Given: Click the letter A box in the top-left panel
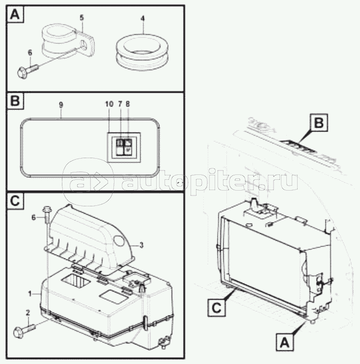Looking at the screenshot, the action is pyautogui.click(x=15, y=15).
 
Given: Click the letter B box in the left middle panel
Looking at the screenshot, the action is pyautogui.click(x=15, y=101).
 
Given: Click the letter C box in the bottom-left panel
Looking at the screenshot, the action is pyautogui.click(x=15, y=201).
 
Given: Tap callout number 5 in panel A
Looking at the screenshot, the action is pyautogui.click(x=82, y=18).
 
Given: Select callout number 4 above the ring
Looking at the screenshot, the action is pyautogui.click(x=142, y=19).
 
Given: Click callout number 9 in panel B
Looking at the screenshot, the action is pyautogui.click(x=61, y=105).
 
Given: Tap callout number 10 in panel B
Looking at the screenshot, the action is pyautogui.click(x=110, y=104).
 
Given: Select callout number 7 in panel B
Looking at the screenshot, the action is pyautogui.click(x=120, y=104).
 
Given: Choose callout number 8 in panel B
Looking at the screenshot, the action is pyautogui.click(x=128, y=104).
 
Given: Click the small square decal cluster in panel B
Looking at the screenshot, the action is pyautogui.click(x=124, y=147).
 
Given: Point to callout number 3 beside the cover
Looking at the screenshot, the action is pyautogui.click(x=141, y=245).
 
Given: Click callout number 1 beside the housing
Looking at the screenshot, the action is pyautogui.click(x=30, y=294).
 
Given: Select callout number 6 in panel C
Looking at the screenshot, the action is pyautogui.click(x=34, y=218).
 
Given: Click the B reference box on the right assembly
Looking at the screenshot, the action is pyautogui.click(x=319, y=123).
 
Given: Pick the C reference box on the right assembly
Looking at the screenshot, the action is pyautogui.click(x=217, y=308).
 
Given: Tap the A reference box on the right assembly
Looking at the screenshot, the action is pyautogui.click(x=285, y=342).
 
